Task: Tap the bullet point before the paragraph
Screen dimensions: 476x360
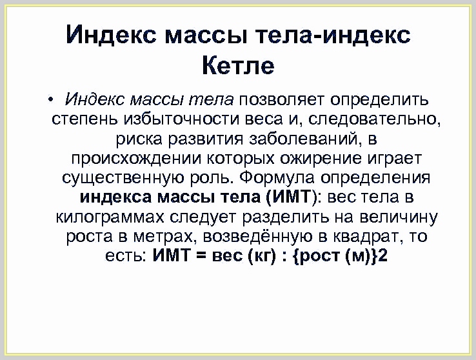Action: (50, 99)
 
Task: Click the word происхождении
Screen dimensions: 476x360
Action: (136, 159)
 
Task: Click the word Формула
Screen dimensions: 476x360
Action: (277, 177)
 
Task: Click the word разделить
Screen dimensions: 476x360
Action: (286, 217)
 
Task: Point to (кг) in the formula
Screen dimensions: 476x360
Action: (262, 257)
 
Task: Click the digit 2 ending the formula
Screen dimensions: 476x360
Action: (383, 255)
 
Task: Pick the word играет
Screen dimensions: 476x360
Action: (395, 159)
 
